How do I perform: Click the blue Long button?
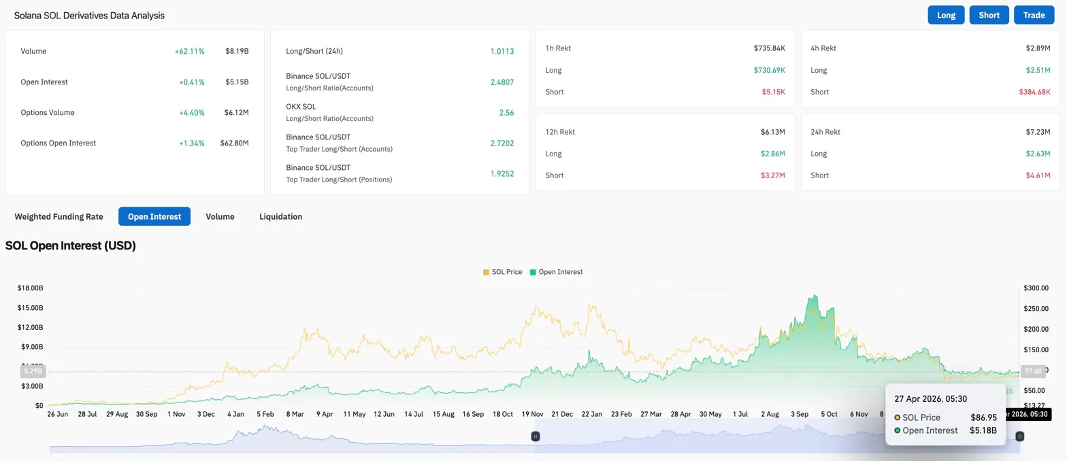946,15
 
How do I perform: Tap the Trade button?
1034,15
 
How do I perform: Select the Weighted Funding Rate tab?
59,216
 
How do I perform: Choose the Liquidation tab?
280,216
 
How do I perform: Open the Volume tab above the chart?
220,216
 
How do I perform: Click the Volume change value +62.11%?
189,51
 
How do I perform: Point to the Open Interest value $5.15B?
237,82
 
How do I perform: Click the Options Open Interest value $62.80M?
234,143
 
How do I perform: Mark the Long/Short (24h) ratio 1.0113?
502,51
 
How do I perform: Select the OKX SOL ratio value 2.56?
507,112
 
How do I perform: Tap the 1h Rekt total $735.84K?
769,48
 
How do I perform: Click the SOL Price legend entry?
502,272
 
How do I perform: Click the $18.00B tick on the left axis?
30,288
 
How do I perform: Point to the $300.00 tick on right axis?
1036,288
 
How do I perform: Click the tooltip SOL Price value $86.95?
983,417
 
